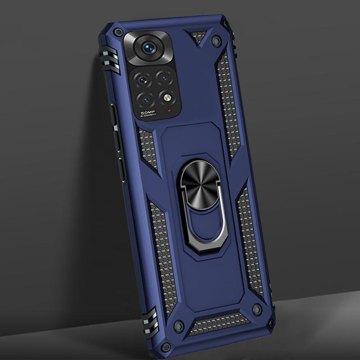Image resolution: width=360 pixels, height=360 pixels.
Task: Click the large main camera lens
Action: [149, 49]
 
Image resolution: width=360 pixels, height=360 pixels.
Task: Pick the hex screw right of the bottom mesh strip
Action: [257, 309]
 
